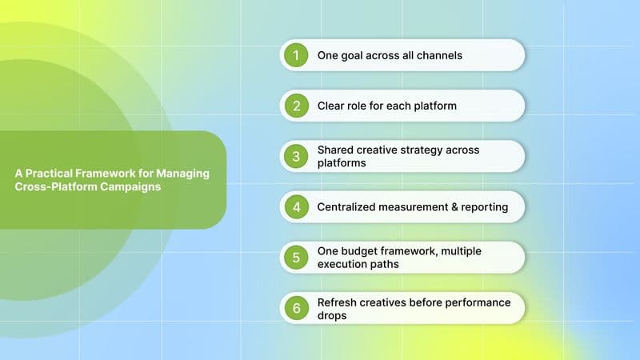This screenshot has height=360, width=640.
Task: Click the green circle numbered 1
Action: pos(295,55)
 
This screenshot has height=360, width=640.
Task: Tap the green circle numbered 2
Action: pos(295,106)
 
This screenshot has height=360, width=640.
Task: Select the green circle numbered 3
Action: pos(295,156)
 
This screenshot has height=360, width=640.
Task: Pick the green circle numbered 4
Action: pos(295,207)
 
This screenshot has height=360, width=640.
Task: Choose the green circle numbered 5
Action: pos(295,258)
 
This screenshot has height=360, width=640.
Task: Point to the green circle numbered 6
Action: pos(295,308)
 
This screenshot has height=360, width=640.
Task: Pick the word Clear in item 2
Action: pos(333,106)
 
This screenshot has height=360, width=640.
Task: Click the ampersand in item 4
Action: pos(454,207)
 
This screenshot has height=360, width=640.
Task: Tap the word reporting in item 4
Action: pos(483,208)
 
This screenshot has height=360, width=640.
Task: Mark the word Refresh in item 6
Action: pos(338,302)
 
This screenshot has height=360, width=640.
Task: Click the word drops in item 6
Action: pos(333,315)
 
